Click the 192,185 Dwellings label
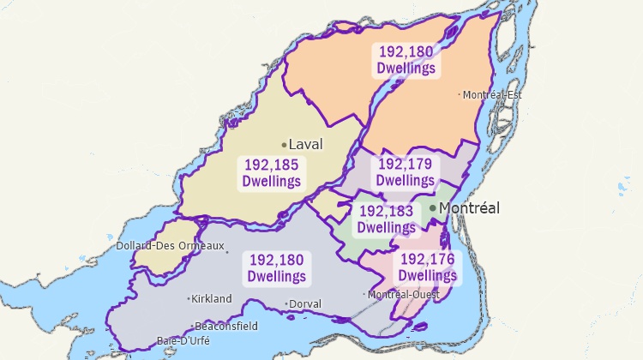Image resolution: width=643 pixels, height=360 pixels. [272, 172]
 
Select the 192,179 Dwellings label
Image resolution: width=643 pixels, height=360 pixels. [406, 171]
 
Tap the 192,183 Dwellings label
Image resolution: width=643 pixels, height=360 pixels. [386, 219]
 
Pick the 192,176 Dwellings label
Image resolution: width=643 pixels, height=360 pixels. [428, 267]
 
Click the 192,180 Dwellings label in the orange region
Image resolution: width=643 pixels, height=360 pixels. [406, 59]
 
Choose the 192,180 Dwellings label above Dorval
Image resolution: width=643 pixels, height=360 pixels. [276, 267]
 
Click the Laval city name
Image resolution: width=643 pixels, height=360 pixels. [306, 144]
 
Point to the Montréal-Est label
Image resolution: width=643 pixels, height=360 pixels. [493, 95]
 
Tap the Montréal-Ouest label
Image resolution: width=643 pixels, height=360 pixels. [404, 294]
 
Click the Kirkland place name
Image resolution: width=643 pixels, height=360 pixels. [212, 298]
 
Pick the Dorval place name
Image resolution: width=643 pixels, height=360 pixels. [306, 303]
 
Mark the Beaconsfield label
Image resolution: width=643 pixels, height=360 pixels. [226, 327]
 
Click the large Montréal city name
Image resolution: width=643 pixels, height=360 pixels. [469, 207]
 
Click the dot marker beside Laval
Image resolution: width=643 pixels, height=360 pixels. [284, 144]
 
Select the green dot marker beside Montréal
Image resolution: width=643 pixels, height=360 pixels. [433, 207]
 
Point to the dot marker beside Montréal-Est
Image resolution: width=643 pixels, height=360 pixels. [460, 95]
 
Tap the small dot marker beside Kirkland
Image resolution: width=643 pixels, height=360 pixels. [189, 298]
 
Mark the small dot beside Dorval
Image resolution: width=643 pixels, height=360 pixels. [287, 303]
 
